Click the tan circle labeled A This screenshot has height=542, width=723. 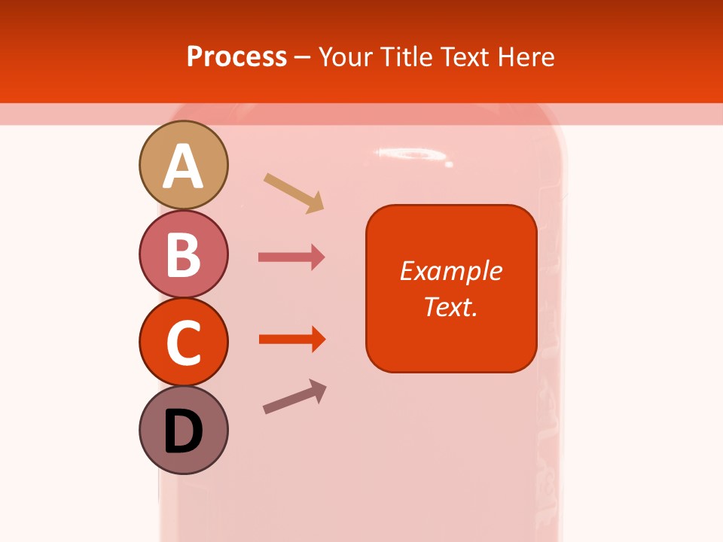pyautogui.click(x=183, y=165)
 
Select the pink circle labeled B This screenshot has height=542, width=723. pyautogui.click(x=183, y=254)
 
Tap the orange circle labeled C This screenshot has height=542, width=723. pyautogui.click(x=183, y=342)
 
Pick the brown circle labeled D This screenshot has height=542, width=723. pyautogui.click(x=183, y=430)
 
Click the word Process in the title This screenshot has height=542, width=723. pyautogui.click(x=236, y=56)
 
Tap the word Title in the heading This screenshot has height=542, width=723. pyautogui.click(x=408, y=56)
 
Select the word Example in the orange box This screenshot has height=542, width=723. pyautogui.click(x=450, y=271)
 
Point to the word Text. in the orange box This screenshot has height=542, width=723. pyautogui.click(x=450, y=306)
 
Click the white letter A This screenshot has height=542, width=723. pyautogui.click(x=183, y=166)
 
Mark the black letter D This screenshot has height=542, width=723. pyautogui.click(x=183, y=431)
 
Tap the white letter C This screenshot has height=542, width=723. pyautogui.click(x=183, y=343)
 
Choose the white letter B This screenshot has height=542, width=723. pyautogui.click(x=183, y=255)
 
